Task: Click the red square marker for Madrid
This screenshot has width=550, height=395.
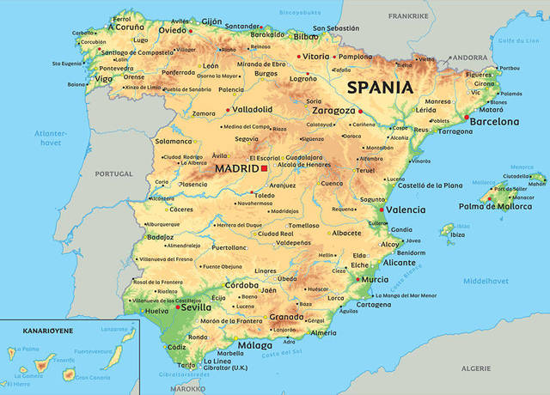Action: [x=264, y=169]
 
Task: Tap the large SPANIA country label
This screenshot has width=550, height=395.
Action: [x=380, y=88]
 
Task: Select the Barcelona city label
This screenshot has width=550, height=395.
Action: [x=495, y=123]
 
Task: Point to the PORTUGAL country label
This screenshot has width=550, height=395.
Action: [x=114, y=173]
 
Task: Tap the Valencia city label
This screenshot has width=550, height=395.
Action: [x=405, y=210]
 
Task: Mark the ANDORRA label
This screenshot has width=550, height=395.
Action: [x=470, y=58]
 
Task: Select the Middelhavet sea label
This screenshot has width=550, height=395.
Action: [x=486, y=281]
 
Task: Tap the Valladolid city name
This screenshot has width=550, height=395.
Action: [x=253, y=110]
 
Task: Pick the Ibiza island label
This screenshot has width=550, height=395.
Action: [x=457, y=234]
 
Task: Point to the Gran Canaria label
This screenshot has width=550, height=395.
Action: [x=93, y=376]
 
